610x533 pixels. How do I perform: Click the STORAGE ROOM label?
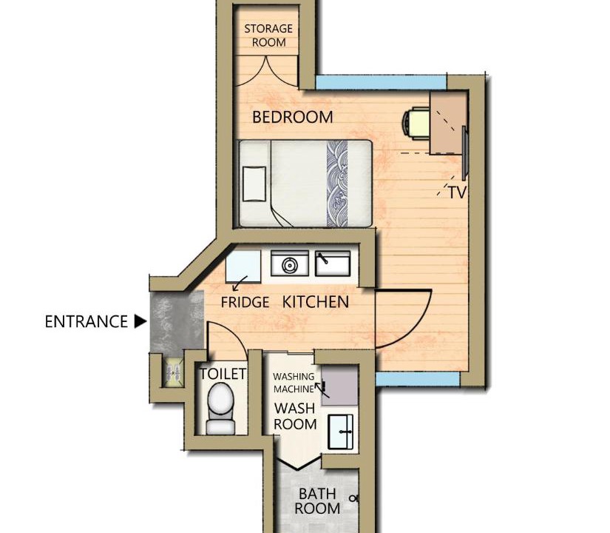click(x=268, y=36)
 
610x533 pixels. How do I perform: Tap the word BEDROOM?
click(x=293, y=117)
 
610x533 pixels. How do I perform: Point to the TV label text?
click(x=457, y=192)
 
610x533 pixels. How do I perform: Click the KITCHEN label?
click(x=316, y=302)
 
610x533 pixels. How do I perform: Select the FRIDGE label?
click(x=245, y=302)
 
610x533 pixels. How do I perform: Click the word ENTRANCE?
click(x=86, y=322)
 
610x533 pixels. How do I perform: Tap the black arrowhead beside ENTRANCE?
click(x=140, y=322)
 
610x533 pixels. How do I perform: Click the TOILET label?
click(x=223, y=374)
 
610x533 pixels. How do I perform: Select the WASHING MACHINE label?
click(x=294, y=383)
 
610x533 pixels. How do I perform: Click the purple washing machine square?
click(x=339, y=386)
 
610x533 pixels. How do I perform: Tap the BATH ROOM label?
click(x=317, y=501)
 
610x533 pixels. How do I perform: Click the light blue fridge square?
click(x=243, y=266)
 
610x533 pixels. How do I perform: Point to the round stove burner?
click(x=289, y=266)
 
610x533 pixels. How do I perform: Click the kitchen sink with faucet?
click(x=333, y=264)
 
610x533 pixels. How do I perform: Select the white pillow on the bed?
click(x=254, y=184)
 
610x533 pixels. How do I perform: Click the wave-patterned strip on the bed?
click(x=337, y=184)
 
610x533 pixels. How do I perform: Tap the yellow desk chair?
click(x=416, y=123)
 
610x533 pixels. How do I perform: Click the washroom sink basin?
click(x=341, y=432)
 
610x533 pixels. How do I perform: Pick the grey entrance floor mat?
click(x=177, y=322)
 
